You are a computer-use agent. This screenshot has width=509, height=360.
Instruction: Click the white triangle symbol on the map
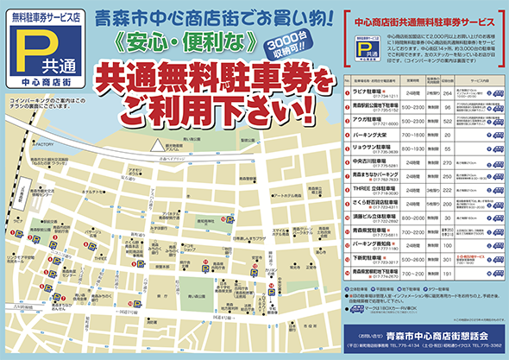[156, 144]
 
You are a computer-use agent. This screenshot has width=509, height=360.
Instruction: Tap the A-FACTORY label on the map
[44, 143]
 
